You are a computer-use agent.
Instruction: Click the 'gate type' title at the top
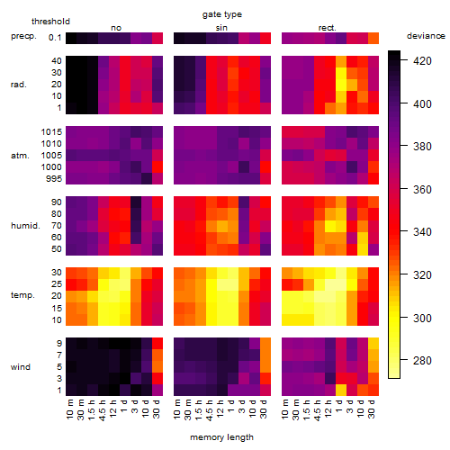click(222, 14)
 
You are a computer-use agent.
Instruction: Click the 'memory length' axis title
click(221, 437)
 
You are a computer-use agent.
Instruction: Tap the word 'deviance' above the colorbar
click(426, 36)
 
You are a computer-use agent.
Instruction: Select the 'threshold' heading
click(50, 22)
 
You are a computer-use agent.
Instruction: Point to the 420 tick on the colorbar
click(422, 61)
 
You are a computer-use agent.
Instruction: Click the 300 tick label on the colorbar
click(422, 318)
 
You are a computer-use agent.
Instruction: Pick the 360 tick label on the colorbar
click(422, 190)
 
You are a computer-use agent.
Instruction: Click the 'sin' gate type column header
click(221, 28)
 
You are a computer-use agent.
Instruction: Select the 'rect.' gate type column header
click(328, 28)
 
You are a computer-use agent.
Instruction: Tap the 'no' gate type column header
click(116, 28)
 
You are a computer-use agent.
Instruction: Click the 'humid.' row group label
click(25, 226)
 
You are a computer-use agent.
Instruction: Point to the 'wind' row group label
click(21, 367)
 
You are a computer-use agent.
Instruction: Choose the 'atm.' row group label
click(20, 156)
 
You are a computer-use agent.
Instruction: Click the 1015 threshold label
click(51, 132)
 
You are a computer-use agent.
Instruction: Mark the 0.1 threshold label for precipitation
click(55, 38)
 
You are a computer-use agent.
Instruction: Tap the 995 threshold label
click(54, 179)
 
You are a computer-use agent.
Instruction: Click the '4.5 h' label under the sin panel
click(210, 410)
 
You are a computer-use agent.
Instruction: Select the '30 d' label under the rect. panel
click(371, 409)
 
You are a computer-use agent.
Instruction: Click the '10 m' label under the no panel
click(69, 409)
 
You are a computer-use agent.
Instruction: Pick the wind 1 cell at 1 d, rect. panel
click(341, 390)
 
